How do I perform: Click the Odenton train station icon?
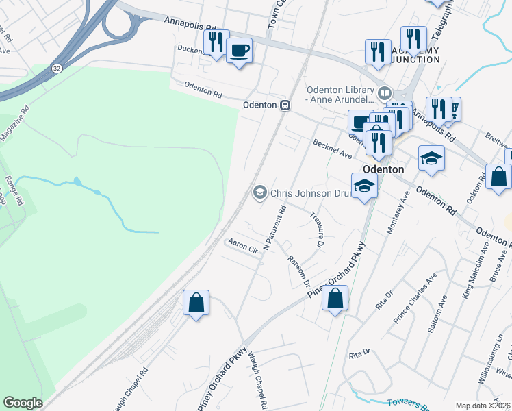(x=284, y=105)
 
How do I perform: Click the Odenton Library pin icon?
(x=384, y=92)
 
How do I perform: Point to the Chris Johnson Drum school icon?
(x=259, y=193)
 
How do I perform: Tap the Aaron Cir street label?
(x=243, y=245)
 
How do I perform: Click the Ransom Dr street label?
(x=300, y=271)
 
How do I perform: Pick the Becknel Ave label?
(x=332, y=149)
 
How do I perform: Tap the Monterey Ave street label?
(x=398, y=213)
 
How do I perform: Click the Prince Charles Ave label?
(x=415, y=299)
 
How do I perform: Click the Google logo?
(x=23, y=403)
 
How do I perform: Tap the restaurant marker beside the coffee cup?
(x=216, y=42)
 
